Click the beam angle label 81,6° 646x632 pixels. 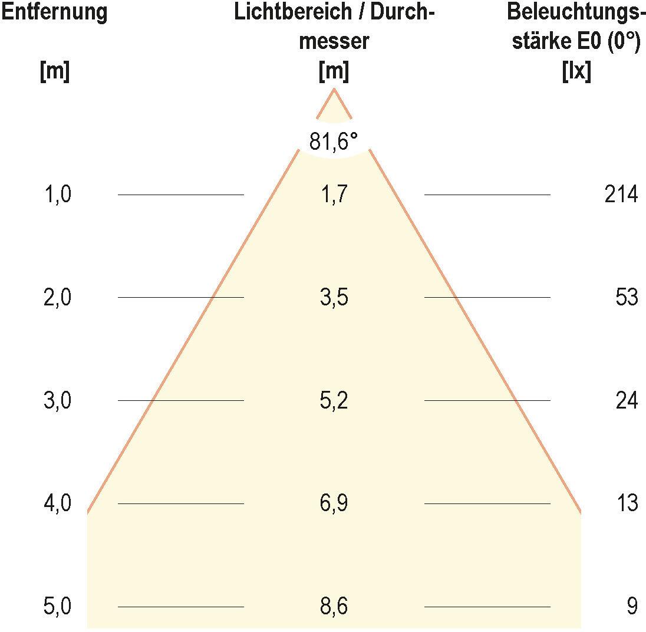334,142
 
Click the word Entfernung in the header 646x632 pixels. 54,12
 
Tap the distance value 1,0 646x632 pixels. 58,195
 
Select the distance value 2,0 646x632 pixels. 58,298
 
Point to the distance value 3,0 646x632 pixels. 58,401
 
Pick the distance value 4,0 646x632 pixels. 58,504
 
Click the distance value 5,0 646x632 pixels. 58,607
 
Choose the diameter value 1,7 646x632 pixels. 334,195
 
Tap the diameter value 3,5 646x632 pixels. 334,298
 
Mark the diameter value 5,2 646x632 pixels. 334,401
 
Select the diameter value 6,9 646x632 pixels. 334,504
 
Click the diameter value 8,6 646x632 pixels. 334,607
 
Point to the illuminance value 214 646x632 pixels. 621,195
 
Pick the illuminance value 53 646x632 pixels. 626,298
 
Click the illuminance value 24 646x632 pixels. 626,401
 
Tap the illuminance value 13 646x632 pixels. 626,504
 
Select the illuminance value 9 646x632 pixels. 632,607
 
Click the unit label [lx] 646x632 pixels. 576,72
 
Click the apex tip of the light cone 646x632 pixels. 334,90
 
